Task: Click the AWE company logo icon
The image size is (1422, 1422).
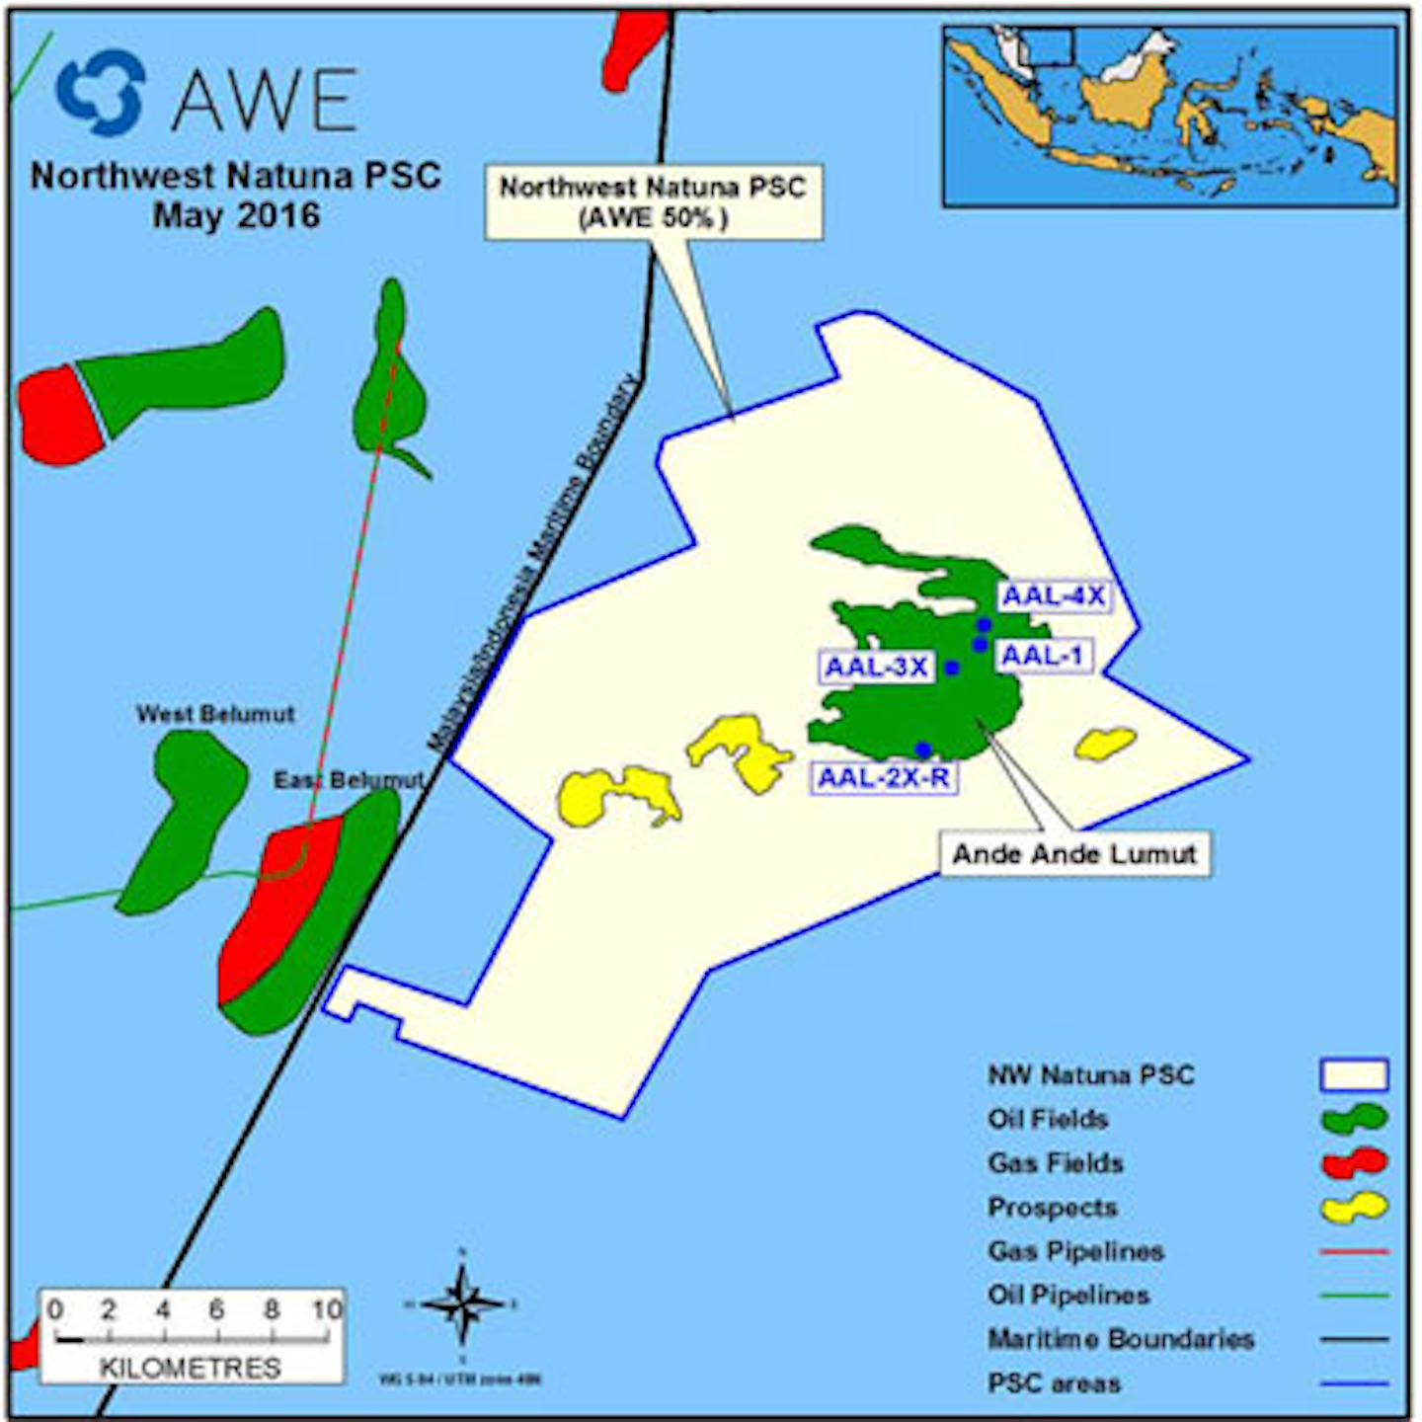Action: [100, 93]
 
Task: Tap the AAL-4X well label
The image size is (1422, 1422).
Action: [1053, 596]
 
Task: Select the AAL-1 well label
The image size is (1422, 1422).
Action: [1044, 655]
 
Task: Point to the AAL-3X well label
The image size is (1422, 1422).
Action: [877, 667]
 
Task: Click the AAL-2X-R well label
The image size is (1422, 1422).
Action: [884, 778]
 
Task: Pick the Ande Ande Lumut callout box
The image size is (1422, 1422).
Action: [1074, 854]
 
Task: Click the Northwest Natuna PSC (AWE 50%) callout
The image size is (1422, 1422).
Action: [653, 202]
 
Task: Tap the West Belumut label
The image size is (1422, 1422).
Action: [215, 714]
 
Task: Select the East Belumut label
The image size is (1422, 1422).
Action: [348, 780]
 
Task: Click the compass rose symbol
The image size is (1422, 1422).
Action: [461, 1303]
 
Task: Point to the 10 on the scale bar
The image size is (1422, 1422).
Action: [327, 1309]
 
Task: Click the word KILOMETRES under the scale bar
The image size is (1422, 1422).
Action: [191, 1368]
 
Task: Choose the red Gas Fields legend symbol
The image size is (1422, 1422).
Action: [1354, 1162]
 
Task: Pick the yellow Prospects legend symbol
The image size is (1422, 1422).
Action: [1354, 1207]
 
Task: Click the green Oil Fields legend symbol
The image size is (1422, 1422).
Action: [1354, 1119]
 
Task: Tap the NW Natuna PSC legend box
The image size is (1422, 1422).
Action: [1354, 1074]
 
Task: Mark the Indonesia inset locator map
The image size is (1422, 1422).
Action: [1170, 117]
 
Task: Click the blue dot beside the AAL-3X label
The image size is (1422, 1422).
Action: [952, 669]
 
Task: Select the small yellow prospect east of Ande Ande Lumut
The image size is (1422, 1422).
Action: [1106, 743]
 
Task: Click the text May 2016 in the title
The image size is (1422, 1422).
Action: [236, 216]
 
